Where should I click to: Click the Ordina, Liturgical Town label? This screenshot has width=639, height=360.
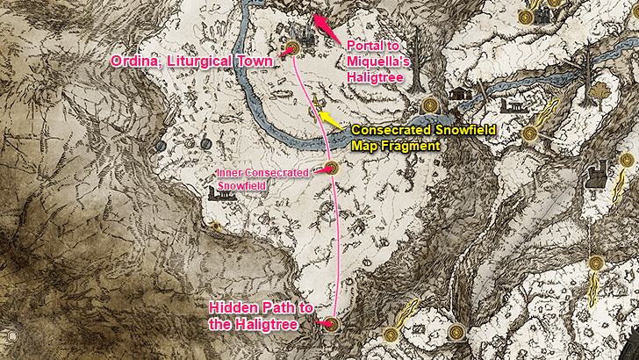191,61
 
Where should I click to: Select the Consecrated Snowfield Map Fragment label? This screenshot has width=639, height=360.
423,138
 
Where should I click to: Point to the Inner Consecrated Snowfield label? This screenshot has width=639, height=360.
262,178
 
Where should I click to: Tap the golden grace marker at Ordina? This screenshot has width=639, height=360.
293,49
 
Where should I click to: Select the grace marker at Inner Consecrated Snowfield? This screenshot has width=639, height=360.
332,168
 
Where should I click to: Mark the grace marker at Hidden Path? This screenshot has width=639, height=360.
331,325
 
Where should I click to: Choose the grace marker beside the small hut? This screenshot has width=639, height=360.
430,105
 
